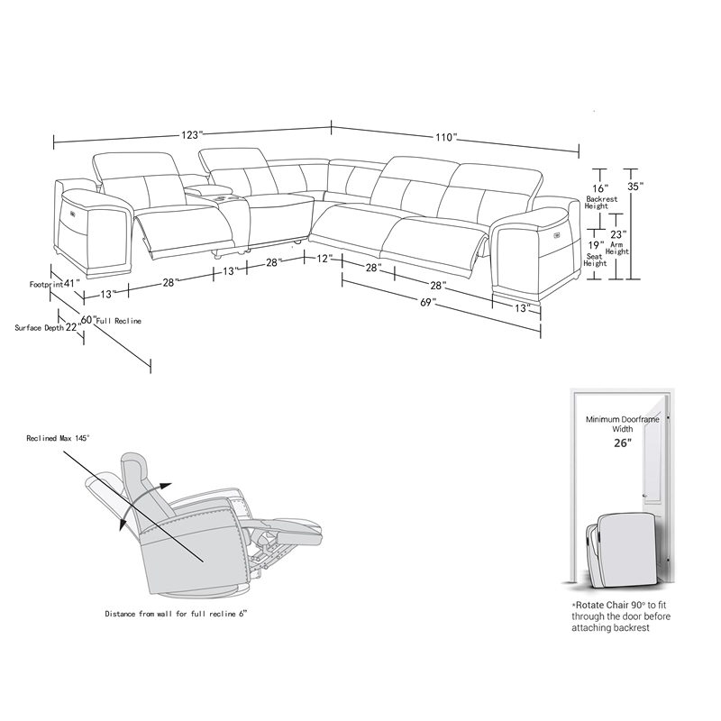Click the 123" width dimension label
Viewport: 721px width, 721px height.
tap(192, 134)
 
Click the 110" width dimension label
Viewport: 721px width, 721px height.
tap(446, 137)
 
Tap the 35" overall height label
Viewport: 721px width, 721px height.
tap(635, 187)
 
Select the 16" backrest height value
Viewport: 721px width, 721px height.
tap(600, 188)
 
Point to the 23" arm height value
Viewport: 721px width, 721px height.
tap(618, 234)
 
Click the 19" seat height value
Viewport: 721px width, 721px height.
tap(596, 245)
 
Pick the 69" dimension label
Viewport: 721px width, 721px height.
tap(427, 302)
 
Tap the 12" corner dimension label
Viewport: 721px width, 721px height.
tap(324, 259)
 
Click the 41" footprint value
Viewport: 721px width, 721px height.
tap(72, 283)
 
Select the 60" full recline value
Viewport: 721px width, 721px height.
tap(89, 319)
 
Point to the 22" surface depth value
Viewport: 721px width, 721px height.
tap(73, 327)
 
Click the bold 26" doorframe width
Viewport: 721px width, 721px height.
tap(623, 443)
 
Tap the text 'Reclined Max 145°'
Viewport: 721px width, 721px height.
tap(58, 438)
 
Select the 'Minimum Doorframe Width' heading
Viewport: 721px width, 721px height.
tap(622, 424)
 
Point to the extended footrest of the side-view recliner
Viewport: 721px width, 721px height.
tap(284, 529)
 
